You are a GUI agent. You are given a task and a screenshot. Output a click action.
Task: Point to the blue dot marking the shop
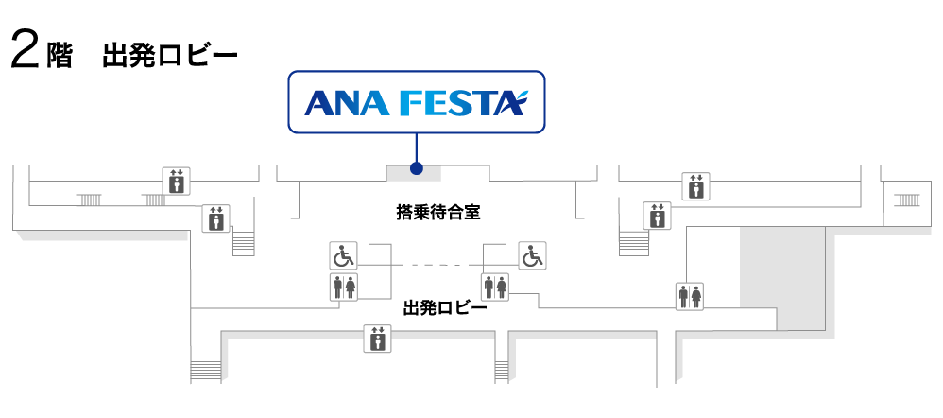416,170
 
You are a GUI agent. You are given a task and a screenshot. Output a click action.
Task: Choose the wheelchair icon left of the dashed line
344,255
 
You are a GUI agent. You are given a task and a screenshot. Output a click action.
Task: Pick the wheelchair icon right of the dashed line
533,255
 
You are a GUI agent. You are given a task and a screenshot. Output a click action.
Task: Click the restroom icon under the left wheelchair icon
344,287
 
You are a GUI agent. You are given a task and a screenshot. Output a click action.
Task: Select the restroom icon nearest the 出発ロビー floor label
495,287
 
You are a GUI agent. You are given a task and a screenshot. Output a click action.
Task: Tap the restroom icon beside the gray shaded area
691,297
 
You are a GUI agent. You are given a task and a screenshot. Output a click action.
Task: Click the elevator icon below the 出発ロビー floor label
377,338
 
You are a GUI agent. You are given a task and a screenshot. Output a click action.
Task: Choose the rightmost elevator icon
695,186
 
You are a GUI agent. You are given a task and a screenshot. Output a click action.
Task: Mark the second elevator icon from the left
215,218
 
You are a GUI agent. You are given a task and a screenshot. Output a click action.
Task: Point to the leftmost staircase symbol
90,200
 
